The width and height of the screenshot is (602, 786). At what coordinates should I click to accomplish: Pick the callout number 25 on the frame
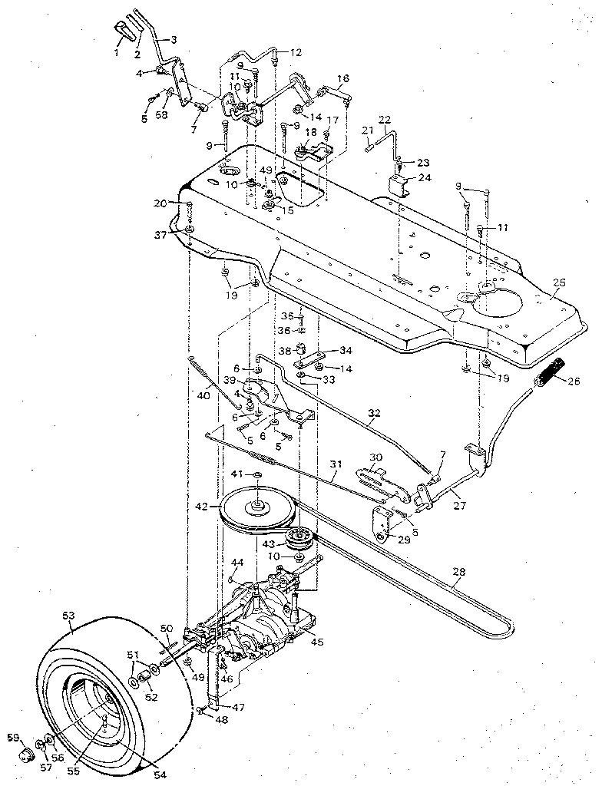[559, 282]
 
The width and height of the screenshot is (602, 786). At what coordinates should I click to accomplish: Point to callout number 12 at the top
[296, 52]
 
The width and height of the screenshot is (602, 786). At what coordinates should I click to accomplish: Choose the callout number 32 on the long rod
[374, 413]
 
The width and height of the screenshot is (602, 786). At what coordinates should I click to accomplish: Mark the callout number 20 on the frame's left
[160, 203]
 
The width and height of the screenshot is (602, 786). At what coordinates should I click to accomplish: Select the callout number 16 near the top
[343, 78]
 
